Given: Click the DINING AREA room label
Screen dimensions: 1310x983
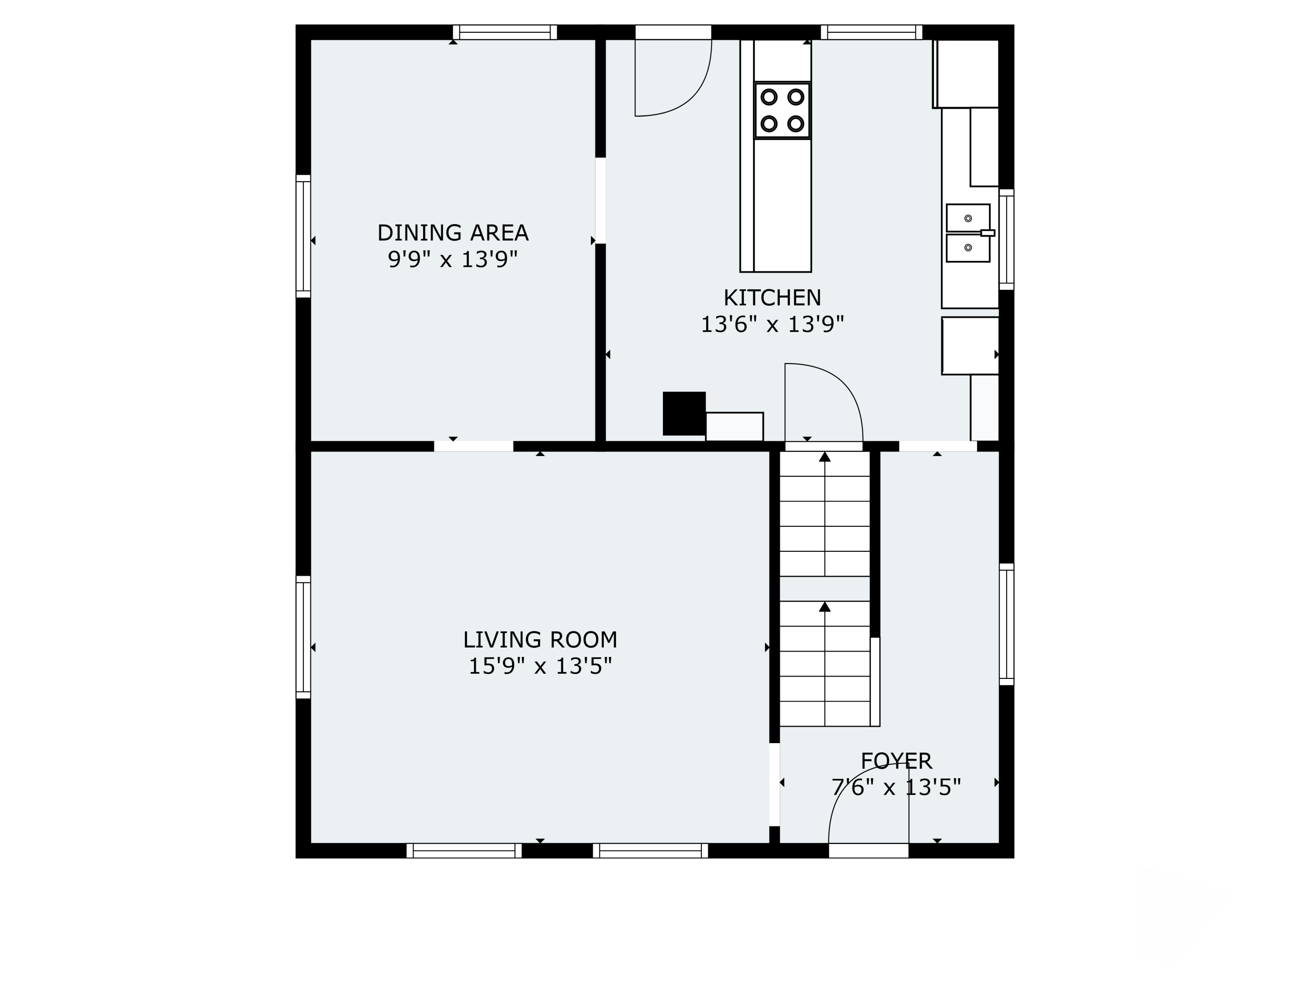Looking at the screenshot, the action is [x=453, y=233].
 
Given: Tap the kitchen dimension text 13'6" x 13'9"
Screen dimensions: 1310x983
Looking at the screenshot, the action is [x=772, y=324].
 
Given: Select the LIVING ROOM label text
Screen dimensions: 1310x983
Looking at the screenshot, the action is [x=540, y=640].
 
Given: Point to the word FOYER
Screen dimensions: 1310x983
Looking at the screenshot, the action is [x=896, y=761].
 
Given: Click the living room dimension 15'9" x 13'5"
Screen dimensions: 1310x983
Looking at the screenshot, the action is [x=540, y=667].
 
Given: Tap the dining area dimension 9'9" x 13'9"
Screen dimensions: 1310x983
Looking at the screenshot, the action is [x=453, y=260].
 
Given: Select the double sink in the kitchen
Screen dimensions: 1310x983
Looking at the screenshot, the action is [x=968, y=233].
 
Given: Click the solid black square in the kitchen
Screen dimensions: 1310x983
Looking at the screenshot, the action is [x=684, y=414].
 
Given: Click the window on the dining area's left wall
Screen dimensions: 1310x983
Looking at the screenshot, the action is [x=303, y=236].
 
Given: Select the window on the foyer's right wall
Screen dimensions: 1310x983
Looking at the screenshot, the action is [x=1007, y=624].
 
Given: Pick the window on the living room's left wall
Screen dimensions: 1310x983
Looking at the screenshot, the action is [x=303, y=637].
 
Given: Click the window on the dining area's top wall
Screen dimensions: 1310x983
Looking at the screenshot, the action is [x=505, y=32].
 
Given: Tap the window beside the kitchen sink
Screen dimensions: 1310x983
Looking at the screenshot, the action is [x=1007, y=239].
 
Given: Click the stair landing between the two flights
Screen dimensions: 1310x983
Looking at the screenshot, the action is [x=824, y=589].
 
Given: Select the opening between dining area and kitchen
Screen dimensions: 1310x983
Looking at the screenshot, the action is [x=600, y=200].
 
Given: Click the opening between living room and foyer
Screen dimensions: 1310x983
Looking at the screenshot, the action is [x=774, y=785].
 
